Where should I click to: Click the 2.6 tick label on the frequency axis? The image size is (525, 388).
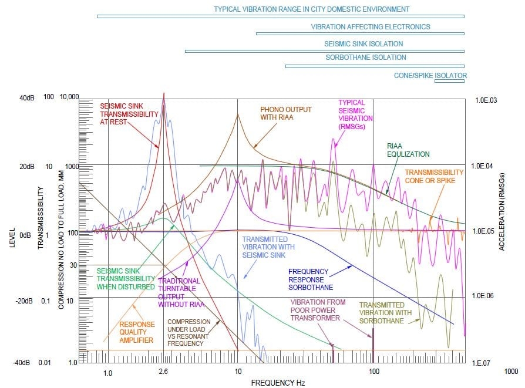[x=163, y=372]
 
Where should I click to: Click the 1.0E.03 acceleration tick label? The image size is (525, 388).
[x=486, y=100]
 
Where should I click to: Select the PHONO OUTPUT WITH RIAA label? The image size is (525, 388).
[x=286, y=113]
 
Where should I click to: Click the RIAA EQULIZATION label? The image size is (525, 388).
[x=408, y=150]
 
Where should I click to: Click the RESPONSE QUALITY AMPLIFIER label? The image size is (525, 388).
[x=137, y=332]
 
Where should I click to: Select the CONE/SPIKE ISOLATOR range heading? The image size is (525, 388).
[x=431, y=76]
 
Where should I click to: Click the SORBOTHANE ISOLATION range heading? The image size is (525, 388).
[x=366, y=58]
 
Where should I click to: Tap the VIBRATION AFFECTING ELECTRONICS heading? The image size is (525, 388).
[x=371, y=26]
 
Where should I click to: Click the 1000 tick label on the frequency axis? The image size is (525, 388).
[x=510, y=372]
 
